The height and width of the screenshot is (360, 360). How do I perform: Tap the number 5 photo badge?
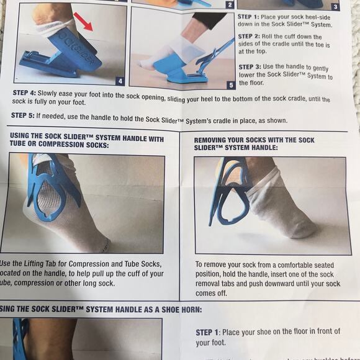tap(230, 84)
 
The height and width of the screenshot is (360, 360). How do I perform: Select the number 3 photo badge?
tap(336, 7)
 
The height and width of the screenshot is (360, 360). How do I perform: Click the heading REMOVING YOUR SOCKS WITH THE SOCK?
tap(254, 140)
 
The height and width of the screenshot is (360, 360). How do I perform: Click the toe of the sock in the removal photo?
tap(304, 230)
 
